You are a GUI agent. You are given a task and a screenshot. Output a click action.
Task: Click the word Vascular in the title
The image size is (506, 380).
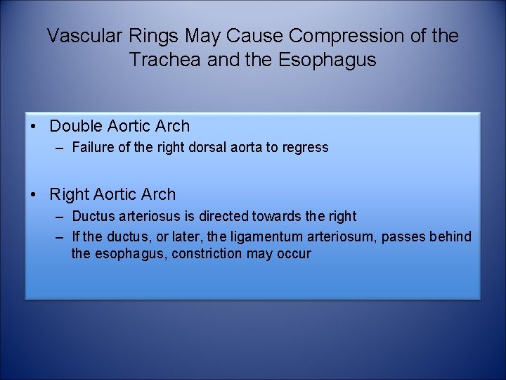[79, 36]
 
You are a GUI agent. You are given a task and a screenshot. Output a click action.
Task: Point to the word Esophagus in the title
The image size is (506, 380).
[329, 60]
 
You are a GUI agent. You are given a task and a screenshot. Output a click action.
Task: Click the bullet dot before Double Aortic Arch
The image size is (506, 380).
[34, 127]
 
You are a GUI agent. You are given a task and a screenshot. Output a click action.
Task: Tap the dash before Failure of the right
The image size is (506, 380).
[60, 148]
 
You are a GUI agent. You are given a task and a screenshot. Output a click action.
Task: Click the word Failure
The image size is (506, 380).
[91, 148]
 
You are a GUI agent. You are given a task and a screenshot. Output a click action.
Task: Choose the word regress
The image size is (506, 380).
[306, 148]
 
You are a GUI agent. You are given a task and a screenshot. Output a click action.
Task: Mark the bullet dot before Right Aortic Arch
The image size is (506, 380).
[34, 194]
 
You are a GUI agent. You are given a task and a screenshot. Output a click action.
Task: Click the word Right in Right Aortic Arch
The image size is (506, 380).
[69, 194]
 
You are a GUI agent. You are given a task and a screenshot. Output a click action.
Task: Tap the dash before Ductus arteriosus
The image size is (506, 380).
[60, 216]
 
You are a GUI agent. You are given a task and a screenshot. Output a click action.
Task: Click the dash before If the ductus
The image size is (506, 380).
[60, 236]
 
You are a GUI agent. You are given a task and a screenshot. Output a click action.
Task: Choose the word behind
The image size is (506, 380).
[449, 236]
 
